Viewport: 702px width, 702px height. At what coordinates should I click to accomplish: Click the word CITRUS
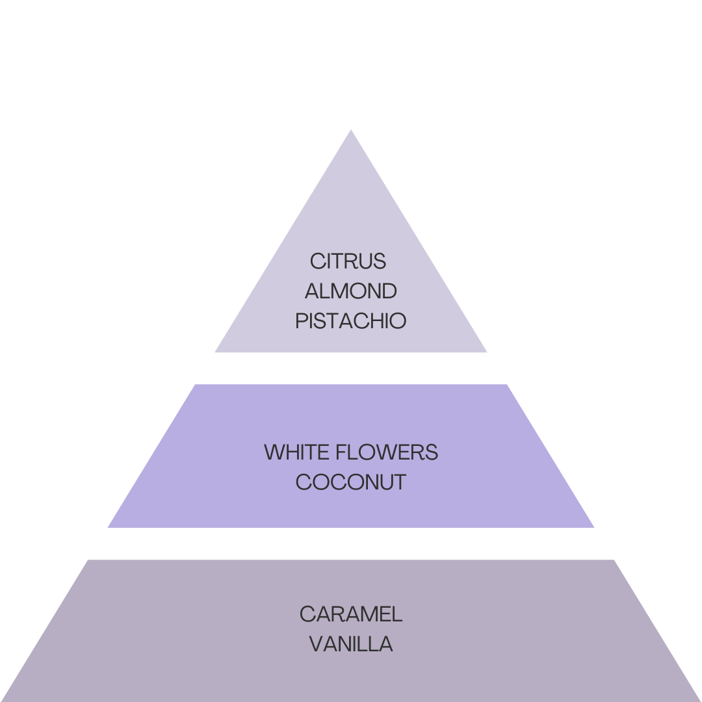coord(348,261)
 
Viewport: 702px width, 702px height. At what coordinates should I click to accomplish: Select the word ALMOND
coord(350,291)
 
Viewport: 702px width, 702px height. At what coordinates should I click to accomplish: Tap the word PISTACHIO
coord(350,321)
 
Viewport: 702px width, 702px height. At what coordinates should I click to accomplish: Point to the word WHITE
coord(294,452)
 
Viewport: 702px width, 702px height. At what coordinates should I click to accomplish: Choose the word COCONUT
coord(350,482)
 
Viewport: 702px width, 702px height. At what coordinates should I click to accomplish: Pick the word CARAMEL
coord(350,614)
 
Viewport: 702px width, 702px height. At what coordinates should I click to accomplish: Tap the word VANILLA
coord(350,644)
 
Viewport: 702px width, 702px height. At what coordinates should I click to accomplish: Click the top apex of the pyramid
coord(351,130)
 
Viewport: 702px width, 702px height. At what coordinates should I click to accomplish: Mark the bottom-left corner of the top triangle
coord(216,352)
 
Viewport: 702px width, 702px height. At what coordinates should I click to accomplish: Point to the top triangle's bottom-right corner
coord(487,352)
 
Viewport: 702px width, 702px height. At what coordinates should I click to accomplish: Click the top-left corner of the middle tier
coord(194,385)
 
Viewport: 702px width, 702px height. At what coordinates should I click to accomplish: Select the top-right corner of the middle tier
coord(508,385)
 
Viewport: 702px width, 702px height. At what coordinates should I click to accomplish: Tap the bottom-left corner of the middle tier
coord(109,526)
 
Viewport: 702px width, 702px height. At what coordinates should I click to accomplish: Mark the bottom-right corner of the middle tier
coord(593,526)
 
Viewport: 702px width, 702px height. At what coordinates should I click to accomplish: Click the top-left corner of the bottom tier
coord(87,560)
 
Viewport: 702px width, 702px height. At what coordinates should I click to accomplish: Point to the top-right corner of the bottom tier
coord(614,560)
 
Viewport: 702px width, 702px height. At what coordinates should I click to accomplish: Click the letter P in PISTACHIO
coord(301,321)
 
